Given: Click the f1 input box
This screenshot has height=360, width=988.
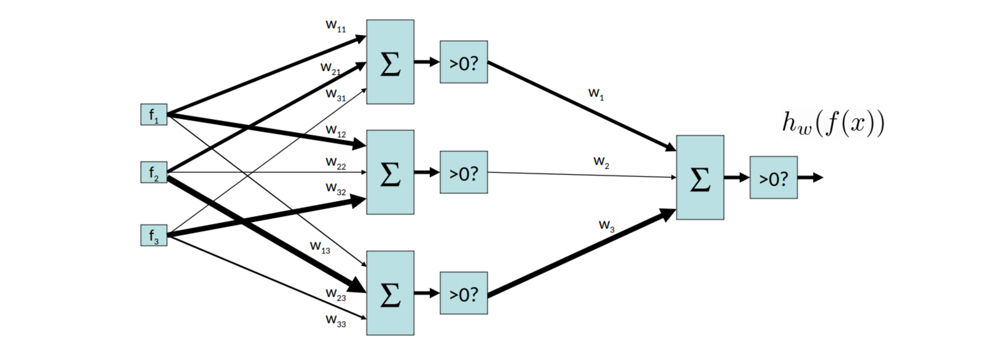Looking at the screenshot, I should pos(154,115).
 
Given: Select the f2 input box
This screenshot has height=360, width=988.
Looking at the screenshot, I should pos(154,173).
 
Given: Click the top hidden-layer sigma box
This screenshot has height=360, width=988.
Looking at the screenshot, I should pos(390,62).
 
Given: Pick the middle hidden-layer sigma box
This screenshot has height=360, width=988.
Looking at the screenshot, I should pos(390,172).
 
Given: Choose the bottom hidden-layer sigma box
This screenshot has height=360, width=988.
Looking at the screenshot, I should pos(390,293).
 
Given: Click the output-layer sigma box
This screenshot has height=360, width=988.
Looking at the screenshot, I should pos(700,178).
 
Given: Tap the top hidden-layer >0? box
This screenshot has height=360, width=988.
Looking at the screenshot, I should pos(464,62).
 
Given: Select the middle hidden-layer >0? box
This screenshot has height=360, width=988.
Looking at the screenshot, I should pos(464,172).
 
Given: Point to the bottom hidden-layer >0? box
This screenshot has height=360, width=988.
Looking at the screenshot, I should pos(464,293).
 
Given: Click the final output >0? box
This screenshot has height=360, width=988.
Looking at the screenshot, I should pos(774,178).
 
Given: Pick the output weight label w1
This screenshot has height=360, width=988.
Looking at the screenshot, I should pos(596,94).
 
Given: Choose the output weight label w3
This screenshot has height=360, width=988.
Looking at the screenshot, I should pos(606,225).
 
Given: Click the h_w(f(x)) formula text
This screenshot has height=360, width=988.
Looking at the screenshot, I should pos(833,123).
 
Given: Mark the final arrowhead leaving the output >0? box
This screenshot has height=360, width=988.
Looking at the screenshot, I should pos(818,178).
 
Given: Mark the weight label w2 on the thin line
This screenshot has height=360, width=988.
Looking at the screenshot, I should pos(601,162).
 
